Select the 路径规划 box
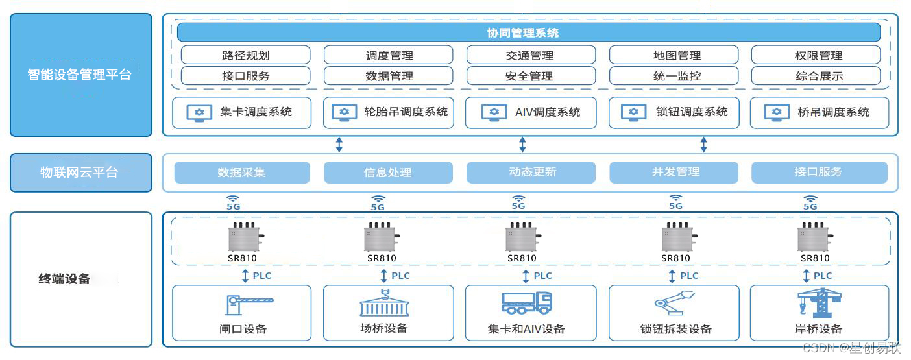pos(245,55)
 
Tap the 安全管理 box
pos(530,76)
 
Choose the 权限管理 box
pos(816,55)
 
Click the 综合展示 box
pos(816,76)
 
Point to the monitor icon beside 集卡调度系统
pos(199,113)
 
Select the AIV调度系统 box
pos(530,113)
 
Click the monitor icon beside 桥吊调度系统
pos(777,113)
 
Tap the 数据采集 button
pos(241,173)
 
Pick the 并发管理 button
pos(674,173)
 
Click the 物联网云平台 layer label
pos(80,173)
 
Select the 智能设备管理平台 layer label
pos(80,75)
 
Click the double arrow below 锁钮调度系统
pos(703,145)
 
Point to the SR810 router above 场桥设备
pos(381,238)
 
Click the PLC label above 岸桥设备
pos(823,276)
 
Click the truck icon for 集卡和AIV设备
pos(526,302)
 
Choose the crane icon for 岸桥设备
pos(818,302)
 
